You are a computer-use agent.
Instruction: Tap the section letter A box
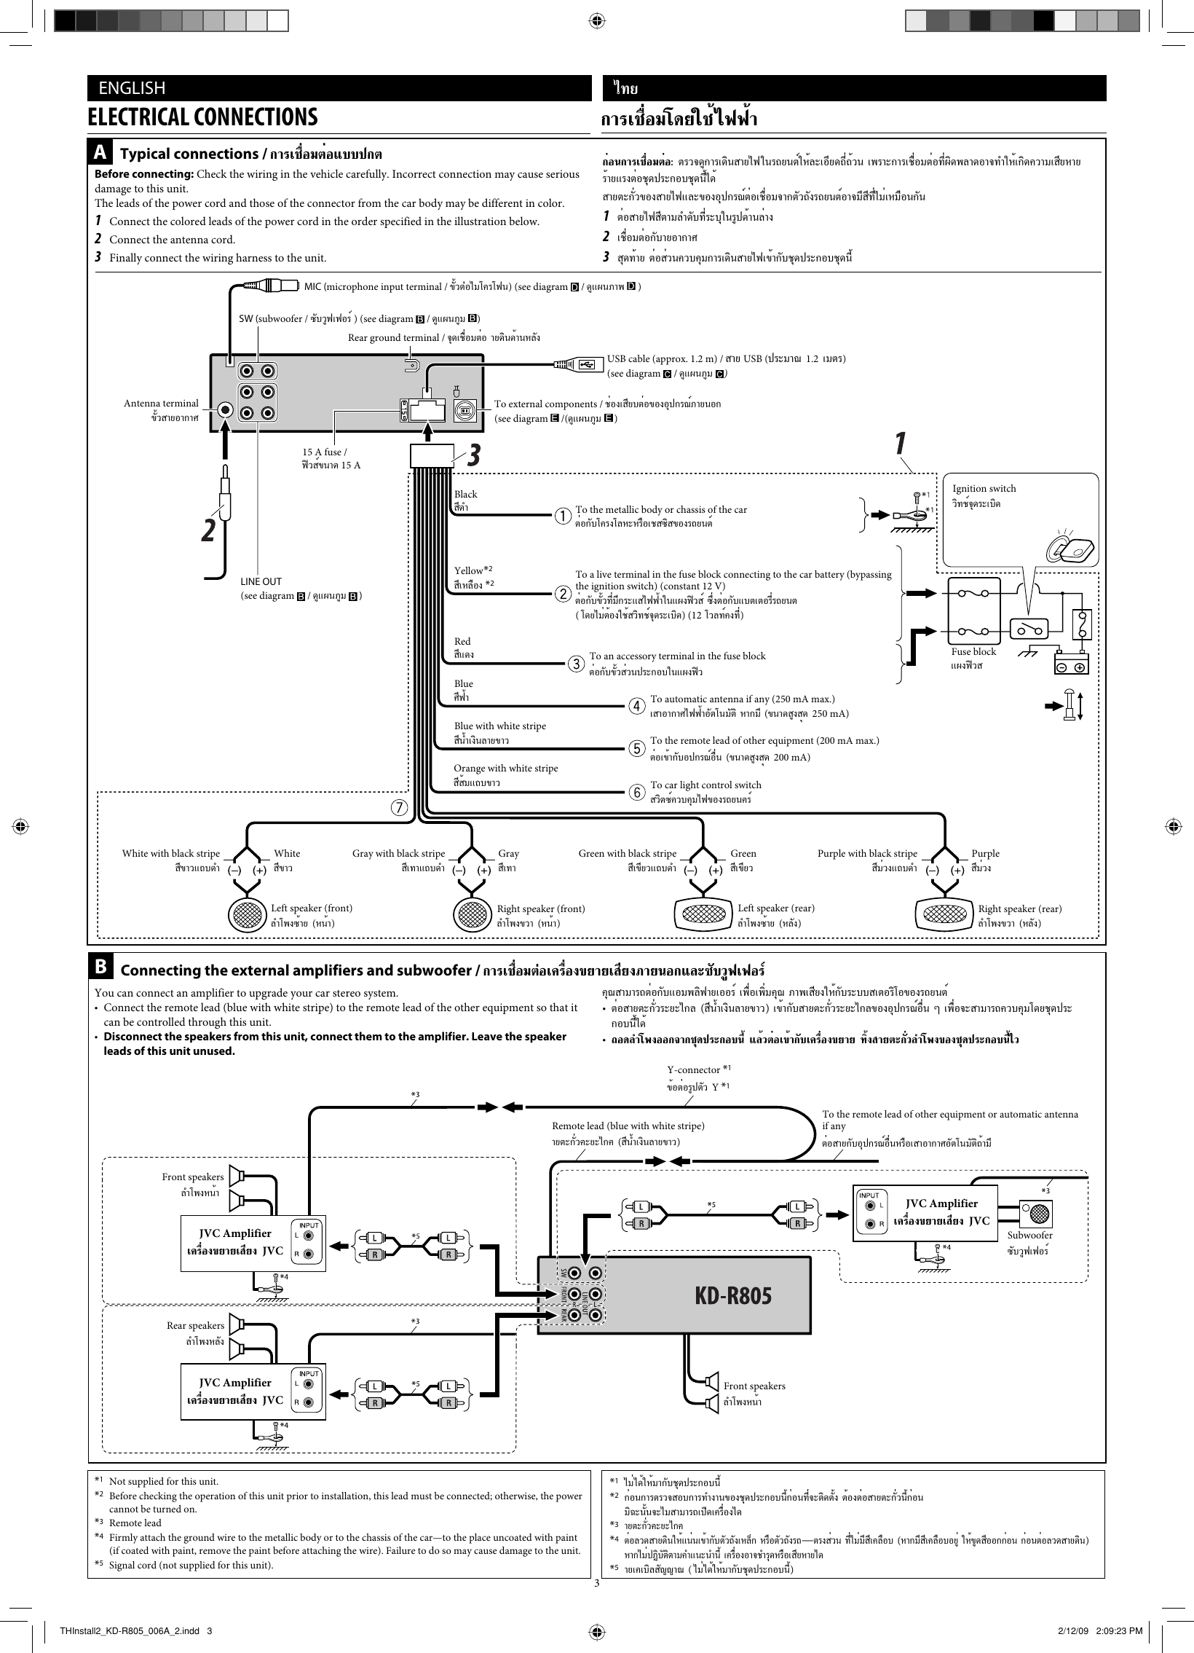click(x=100, y=153)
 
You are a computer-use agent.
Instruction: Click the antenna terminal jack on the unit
click(x=226, y=410)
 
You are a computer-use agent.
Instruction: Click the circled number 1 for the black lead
click(x=562, y=516)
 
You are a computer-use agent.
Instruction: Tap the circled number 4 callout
click(x=637, y=705)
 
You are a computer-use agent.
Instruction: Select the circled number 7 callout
click(x=398, y=807)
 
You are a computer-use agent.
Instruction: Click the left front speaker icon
click(x=247, y=914)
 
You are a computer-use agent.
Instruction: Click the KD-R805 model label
click(x=732, y=1295)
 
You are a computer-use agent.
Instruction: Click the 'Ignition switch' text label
click(x=984, y=488)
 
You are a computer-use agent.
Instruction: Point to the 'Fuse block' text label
click(x=973, y=651)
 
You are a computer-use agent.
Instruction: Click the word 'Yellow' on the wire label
click(x=468, y=570)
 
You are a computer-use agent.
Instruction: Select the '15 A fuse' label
click(x=324, y=452)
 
